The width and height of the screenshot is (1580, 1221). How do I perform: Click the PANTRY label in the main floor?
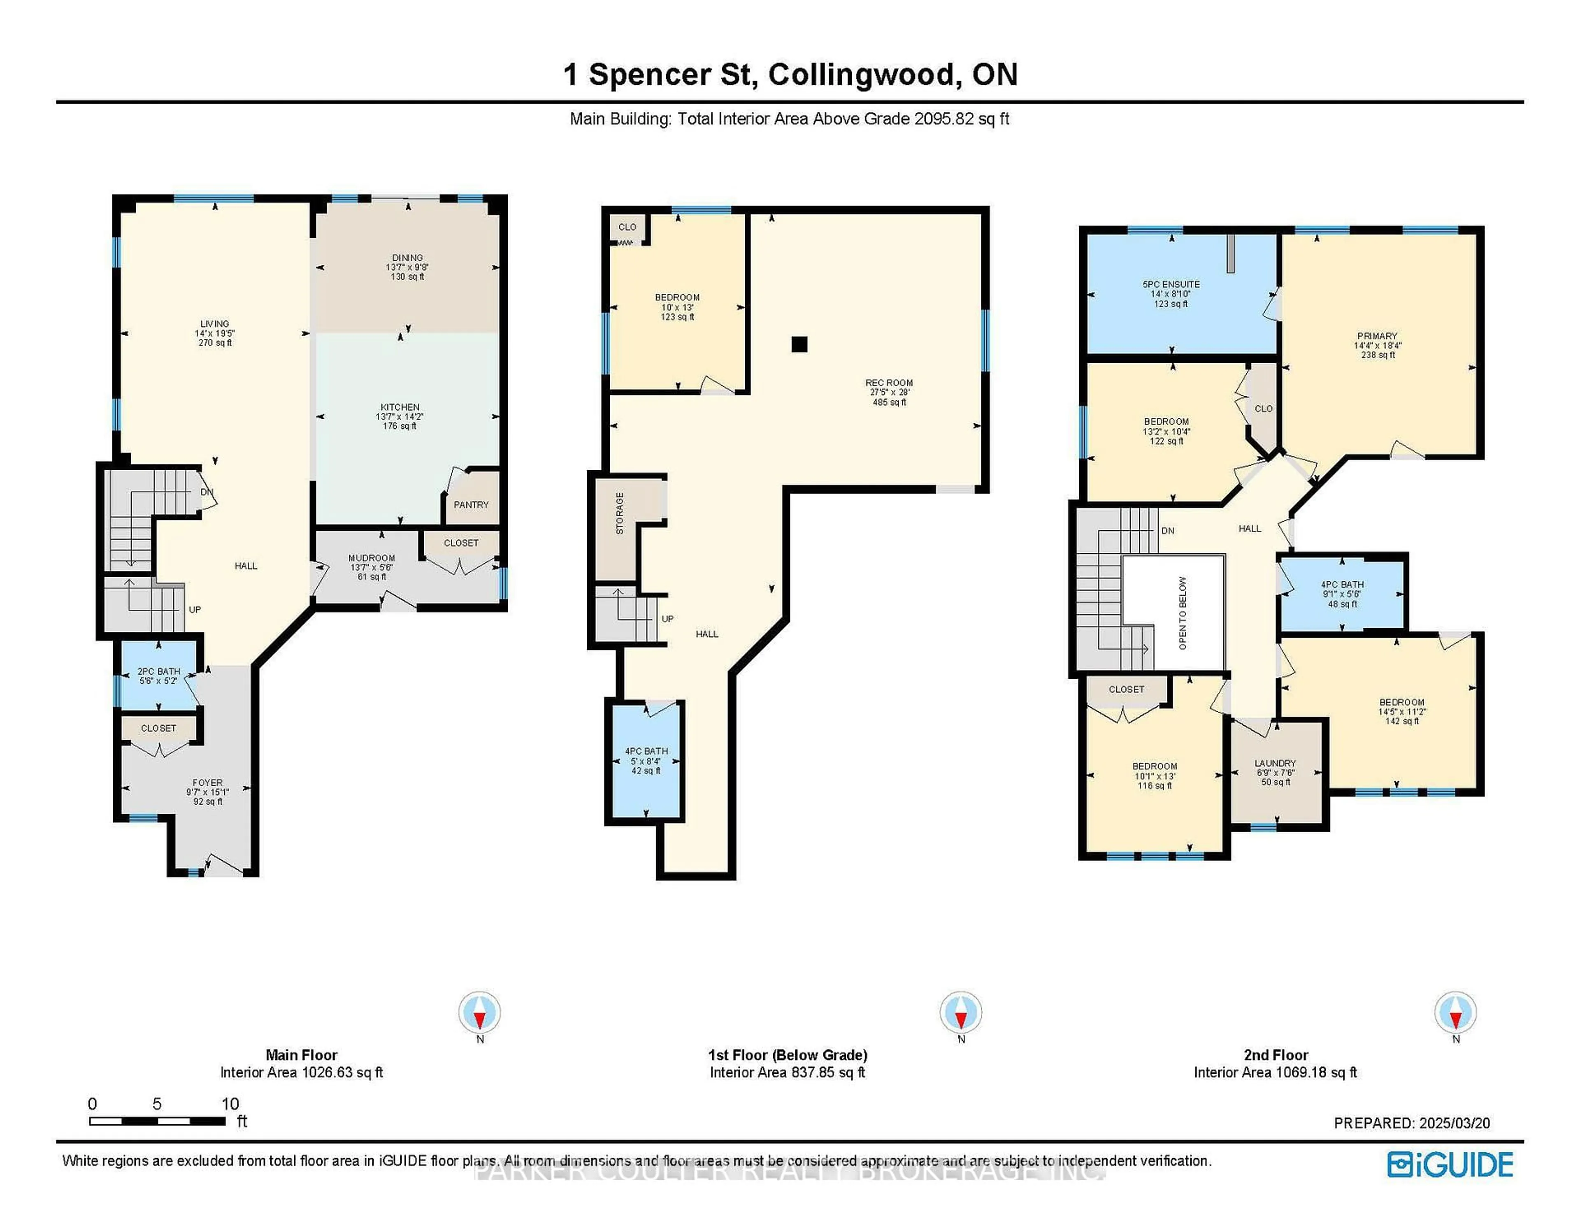click(x=471, y=505)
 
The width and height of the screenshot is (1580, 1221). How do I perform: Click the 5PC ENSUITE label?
click(x=1171, y=284)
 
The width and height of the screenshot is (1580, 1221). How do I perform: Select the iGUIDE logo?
click(x=1450, y=1165)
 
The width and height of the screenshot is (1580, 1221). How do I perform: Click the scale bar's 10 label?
click(x=230, y=1104)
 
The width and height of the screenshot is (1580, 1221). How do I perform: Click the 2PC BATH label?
click(x=158, y=671)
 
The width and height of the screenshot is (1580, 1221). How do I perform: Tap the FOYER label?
click(x=208, y=782)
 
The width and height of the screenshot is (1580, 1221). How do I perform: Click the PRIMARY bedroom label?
click(x=1377, y=337)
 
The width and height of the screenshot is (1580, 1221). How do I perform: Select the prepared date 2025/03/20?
click(x=1454, y=1124)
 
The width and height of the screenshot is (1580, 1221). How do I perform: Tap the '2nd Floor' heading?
click(x=1276, y=1055)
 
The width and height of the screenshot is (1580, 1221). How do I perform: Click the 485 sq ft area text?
click(x=889, y=402)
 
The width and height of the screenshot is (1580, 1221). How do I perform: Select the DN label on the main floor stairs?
click(x=207, y=492)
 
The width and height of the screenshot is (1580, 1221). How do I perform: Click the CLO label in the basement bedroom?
click(x=627, y=227)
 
